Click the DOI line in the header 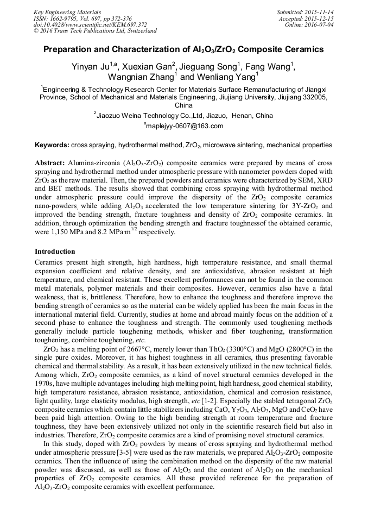pyautogui.click(x=90, y=24)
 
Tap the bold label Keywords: pyautogui.click(x=52, y=145)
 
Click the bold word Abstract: pyautogui.click(x=50, y=163)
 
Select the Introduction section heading pyautogui.click(x=55, y=252)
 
